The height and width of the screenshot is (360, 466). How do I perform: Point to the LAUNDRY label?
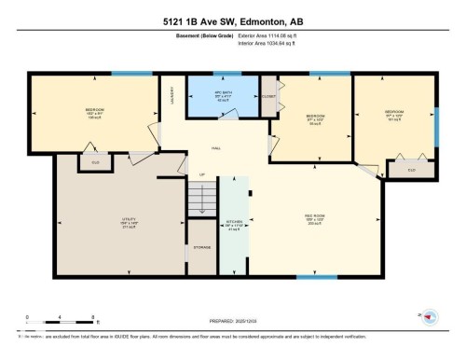(171, 96)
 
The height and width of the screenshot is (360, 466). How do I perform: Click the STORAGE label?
(202, 248)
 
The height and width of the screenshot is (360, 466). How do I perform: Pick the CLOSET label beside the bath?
(269, 96)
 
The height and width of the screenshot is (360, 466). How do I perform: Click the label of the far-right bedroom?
(393, 116)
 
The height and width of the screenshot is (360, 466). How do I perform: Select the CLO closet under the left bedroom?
(94, 162)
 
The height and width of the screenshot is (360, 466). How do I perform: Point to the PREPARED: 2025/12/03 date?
(233, 319)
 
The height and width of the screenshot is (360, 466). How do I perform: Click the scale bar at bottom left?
(49, 323)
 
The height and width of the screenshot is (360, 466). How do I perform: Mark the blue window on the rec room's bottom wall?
(322, 277)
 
